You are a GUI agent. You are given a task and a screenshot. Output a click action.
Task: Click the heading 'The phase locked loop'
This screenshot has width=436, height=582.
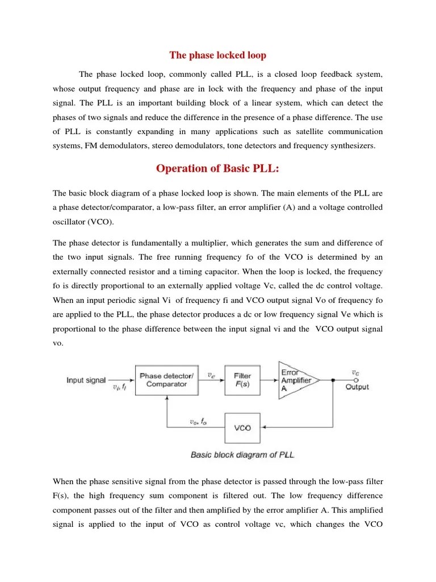(x=218, y=56)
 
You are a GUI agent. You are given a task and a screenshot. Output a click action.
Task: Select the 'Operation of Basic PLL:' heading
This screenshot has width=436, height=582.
(x=218, y=169)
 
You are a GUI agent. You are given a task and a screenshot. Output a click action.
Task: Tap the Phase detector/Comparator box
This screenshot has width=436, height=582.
(x=166, y=380)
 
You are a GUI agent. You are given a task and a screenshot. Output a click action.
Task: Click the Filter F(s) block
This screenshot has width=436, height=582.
(x=242, y=380)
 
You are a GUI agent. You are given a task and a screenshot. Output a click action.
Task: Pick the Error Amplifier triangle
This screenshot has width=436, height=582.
(x=294, y=380)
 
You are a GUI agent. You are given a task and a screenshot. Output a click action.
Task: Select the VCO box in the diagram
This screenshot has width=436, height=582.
(x=242, y=427)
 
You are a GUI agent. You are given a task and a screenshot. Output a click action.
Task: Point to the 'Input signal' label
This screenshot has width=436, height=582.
(x=86, y=380)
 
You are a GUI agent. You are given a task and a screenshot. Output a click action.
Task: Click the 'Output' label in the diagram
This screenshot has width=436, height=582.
(x=357, y=387)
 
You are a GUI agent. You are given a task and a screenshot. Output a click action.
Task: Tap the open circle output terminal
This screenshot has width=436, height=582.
(x=355, y=380)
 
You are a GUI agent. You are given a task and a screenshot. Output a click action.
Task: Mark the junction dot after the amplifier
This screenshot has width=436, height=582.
(x=333, y=380)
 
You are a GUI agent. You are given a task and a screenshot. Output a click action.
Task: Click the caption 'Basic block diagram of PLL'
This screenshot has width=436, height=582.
(x=242, y=455)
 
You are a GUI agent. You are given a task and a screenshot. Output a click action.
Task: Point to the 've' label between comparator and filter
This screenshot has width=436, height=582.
(x=211, y=375)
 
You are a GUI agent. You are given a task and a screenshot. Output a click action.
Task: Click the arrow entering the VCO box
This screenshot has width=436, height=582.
(x=265, y=427)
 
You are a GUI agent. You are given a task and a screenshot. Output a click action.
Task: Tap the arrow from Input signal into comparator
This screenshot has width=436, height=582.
(x=128, y=380)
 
